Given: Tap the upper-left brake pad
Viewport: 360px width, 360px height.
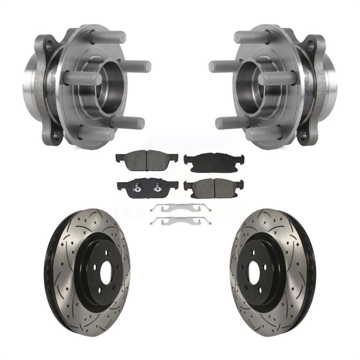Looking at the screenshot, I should point(147,160).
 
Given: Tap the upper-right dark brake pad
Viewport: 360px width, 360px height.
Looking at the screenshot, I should point(214,162).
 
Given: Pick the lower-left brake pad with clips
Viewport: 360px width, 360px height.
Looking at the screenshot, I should point(147,188).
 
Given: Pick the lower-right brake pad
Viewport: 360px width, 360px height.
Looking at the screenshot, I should point(214,187).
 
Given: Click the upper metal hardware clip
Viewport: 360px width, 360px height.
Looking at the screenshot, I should point(180,207).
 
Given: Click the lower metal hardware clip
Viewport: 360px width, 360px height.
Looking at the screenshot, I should point(180,221).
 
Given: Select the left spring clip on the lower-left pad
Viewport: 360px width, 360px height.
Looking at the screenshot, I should point(135,186).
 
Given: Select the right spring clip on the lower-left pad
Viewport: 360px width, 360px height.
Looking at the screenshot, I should point(157,187).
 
